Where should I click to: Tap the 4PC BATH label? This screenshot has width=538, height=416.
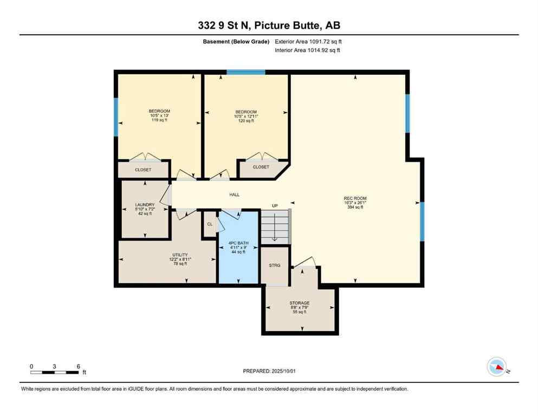pos(238,242)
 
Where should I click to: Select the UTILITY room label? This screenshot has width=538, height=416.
pos(180,254)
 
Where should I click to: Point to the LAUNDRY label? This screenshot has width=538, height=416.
pos(145,205)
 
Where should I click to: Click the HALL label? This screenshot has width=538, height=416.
pos(234,194)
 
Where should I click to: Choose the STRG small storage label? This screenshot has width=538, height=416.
pos(275,265)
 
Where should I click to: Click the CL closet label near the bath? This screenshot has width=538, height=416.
pos(210,224)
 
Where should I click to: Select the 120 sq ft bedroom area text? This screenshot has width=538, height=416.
pos(245,121)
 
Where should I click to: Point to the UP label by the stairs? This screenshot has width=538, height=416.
pos(275,206)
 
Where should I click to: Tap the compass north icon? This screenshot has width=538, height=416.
pos(497,367)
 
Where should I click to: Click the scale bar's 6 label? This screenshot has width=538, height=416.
pos(79,367)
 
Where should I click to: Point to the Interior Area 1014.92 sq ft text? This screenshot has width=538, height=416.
pos(308,50)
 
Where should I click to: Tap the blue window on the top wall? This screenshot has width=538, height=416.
pos(245,72)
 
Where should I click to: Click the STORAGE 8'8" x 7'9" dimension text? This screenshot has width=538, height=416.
pos(299,308)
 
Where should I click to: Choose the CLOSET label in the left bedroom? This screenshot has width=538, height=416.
pos(143,170)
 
